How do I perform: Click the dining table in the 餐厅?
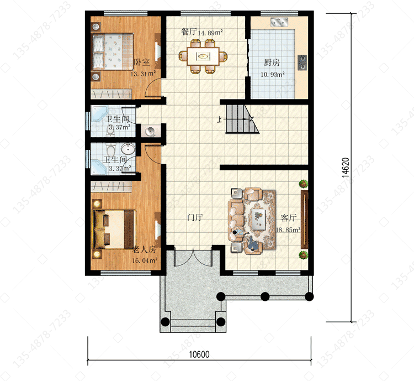pos(203,56)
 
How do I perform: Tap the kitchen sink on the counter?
pos(279,22)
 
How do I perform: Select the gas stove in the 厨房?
pos(302,62)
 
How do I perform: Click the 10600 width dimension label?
pos(199,354)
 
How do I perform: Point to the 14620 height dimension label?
pos(346,168)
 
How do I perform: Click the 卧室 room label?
pos(142,62)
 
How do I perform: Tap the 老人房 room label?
pos(144,249)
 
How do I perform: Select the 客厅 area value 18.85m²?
pos(288,229)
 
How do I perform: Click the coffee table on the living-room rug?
pos(259,219)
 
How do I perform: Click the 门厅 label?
pos(195,218)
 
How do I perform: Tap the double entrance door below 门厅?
pos(193,257)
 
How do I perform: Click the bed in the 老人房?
pos(114,229)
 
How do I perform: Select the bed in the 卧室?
pos(113,51)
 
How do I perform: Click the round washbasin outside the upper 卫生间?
pos(151,131)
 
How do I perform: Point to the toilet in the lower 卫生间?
pos(111,149)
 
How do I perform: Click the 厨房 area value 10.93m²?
pos(273,74)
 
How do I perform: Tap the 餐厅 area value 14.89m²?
pos(210,33)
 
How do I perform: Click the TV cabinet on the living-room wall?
pos(304,219)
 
